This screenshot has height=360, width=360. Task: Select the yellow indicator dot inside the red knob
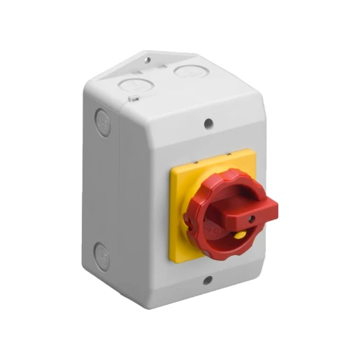click(239, 236)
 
